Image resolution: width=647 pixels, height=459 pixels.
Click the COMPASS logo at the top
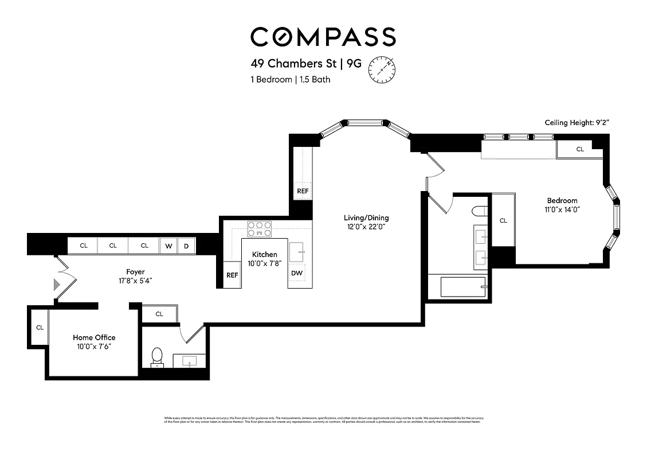tap(323, 37)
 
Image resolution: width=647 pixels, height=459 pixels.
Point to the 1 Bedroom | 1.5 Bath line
tap(290, 80)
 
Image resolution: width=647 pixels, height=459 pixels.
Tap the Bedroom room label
tap(562, 200)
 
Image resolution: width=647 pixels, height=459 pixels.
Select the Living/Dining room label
tap(366, 217)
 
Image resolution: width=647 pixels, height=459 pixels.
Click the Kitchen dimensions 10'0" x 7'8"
tap(264, 263)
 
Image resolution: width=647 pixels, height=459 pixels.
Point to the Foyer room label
tap(135, 271)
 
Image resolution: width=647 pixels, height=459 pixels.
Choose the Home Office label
tap(94, 337)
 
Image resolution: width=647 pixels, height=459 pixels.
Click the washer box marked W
tap(168, 246)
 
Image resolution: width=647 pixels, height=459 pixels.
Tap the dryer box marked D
tap(186, 246)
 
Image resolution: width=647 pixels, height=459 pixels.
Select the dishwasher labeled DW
tap(297, 273)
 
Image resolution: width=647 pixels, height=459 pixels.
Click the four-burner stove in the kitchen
tap(259, 229)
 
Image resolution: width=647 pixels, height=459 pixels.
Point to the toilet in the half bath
tap(156, 357)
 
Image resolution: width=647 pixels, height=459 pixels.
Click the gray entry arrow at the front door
tap(56, 285)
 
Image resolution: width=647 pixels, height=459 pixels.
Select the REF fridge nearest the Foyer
tap(232, 275)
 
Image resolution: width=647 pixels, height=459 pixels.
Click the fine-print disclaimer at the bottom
tap(323, 420)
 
